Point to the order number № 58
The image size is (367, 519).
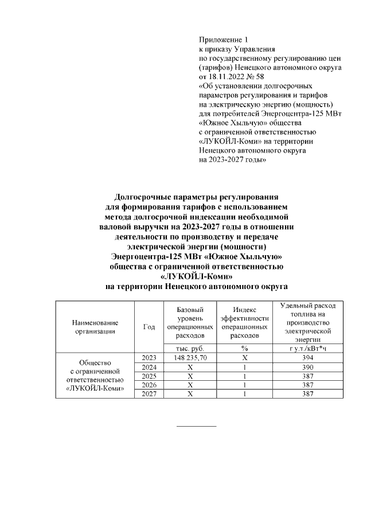coord(256,76)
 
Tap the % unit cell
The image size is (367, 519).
coord(244,348)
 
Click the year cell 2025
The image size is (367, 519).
coord(149,376)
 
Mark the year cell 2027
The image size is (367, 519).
coord(149,395)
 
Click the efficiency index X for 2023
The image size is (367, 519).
coord(244,358)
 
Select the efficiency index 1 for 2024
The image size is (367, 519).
coord(244,367)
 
